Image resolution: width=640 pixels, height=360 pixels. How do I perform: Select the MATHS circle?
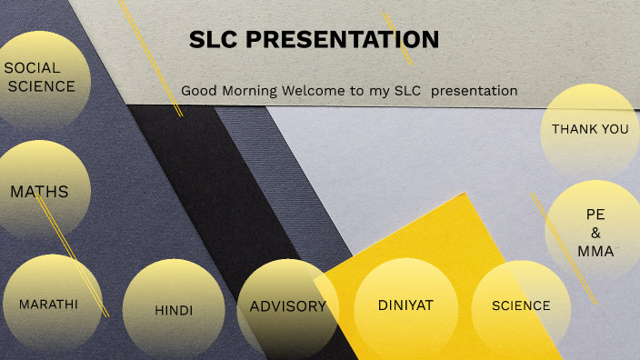tap(39, 191)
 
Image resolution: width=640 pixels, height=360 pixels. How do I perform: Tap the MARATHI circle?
tap(48, 305)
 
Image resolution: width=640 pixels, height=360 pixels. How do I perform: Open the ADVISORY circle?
tap(287, 307)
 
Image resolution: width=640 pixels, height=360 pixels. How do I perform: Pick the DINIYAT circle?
tap(405, 305)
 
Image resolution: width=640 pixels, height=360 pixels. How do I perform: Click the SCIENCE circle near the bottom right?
tap(521, 306)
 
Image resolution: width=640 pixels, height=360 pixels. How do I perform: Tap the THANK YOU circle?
tap(590, 130)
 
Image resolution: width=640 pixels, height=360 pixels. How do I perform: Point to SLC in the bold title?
tap(215, 39)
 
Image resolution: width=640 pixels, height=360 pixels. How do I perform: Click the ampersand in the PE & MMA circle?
tap(595, 233)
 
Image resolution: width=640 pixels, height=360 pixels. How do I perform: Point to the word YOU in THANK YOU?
tap(614, 130)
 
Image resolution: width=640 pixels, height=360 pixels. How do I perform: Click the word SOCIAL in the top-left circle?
tap(32, 68)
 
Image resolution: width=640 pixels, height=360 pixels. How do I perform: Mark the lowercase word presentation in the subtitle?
tap(474, 91)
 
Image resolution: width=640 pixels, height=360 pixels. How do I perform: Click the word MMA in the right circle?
tap(595, 251)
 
